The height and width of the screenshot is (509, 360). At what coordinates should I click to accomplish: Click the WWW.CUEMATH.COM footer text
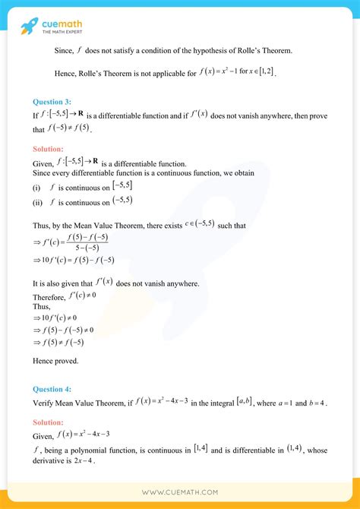180,491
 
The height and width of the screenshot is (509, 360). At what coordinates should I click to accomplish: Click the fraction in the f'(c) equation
90,242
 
